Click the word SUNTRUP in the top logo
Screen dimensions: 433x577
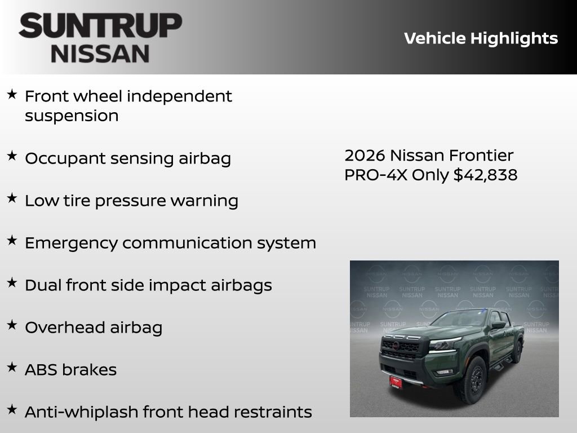(x=100, y=26)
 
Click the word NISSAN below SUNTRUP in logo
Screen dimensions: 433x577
(x=100, y=54)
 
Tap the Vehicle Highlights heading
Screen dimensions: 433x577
(x=481, y=38)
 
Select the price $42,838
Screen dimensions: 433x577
(x=485, y=175)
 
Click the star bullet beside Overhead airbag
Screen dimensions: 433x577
(x=12, y=325)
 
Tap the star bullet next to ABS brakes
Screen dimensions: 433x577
(x=12, y=368)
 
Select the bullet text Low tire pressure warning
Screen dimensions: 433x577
(x=131, y=201)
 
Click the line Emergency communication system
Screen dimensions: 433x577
(x=170, y=243)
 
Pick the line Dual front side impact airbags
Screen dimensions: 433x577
(x=148, y=285)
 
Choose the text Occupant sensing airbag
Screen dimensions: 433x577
(x=128, y=158)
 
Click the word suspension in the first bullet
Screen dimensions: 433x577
(x=72, y=116)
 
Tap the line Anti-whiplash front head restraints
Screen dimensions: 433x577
(x=168, y=412)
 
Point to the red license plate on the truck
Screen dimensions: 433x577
(x=396, y=382)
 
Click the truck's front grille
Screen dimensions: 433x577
(x=401, y=348)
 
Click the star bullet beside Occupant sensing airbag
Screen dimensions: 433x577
(x=12, y=156)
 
